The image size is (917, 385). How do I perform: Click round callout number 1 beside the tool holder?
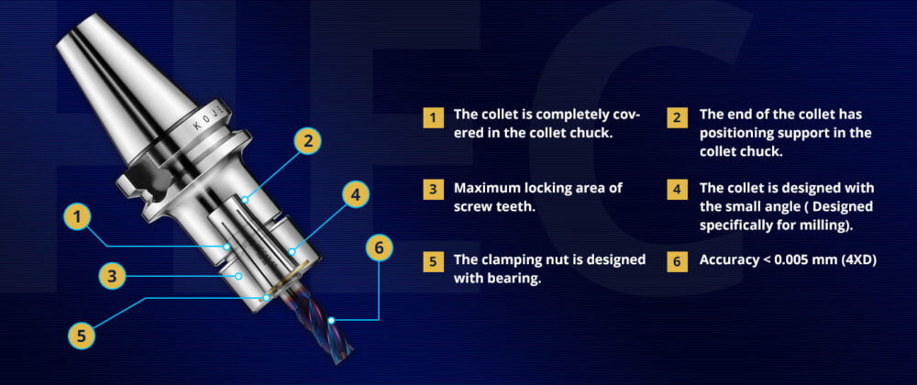tap(78, 218)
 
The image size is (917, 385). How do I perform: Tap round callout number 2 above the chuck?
tap(307, 140)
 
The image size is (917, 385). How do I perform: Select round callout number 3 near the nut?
tap(112, 276)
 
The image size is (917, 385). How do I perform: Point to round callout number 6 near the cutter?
tap(379, 247)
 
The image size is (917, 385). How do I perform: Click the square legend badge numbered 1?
tap(433, 117)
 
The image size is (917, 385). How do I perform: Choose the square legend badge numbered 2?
tap(677, 117)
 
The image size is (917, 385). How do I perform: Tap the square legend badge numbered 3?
tap(433, 190)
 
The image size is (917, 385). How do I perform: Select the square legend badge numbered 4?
tap(677, 190)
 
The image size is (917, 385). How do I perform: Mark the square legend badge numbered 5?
tap(433, 261)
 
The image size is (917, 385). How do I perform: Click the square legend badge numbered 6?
tap(677, 261)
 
